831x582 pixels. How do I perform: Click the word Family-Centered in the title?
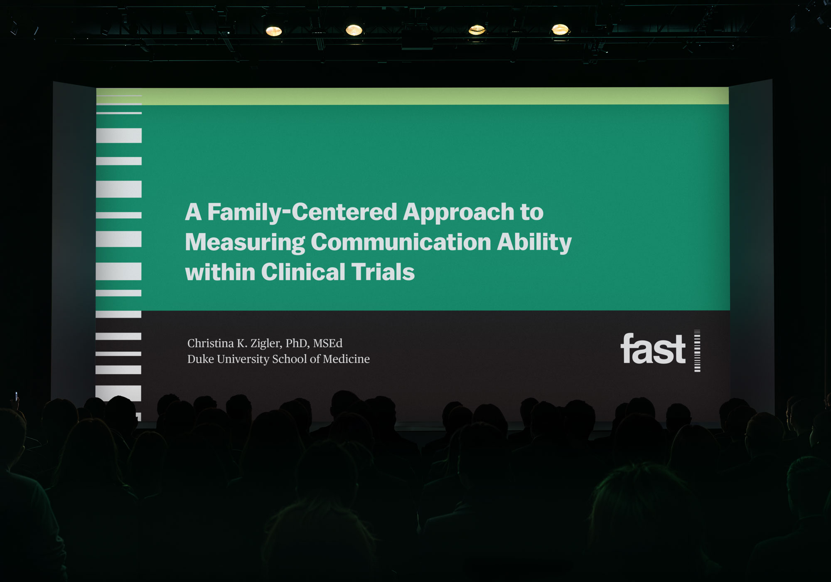pyautogui.click(x=302, y=213)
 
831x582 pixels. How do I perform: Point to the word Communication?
pyautogui.click(x=401, y=242)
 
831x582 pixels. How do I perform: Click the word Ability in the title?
pyautogui.click(x=534, y=243)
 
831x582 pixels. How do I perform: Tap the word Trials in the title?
pyautogui.click(x=383, y=272)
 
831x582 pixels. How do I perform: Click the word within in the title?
pyautogui.click(x=220, y=272)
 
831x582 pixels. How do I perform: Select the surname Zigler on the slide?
pyautogui.click(x=266, y=343)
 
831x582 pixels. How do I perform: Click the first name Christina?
pyautogui.click(x=211, y=343)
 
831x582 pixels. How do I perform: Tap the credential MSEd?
pyautogui.click(x=328, y=343)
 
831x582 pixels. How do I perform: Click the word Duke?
pyautogui.click(x=201, y=359)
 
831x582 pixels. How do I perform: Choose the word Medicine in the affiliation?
pyautogui.click(x=346, y=359)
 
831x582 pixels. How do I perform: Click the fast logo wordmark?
pyautogui.click(x=653, y=349)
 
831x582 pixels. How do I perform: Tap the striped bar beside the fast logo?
pyautogui.click(x=697, y=350)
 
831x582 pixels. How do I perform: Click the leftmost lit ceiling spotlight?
pyautogui.click(x=274, y=31)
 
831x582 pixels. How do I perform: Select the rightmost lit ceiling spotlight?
pyautogui.click(x=560, y=30)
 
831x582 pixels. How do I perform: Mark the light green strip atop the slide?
pyautogui.click(x=413, y=96)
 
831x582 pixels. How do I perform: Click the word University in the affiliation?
pyautogui.click(x=243, y=359)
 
